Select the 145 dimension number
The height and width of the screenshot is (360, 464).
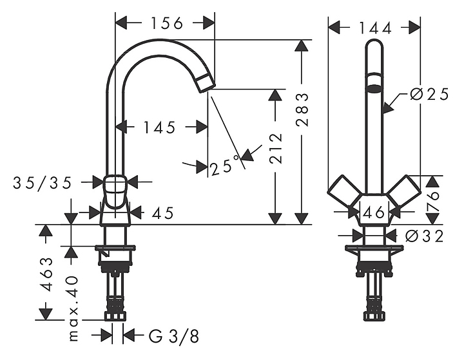point(159,128)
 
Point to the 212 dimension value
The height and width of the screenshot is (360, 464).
point(276,149)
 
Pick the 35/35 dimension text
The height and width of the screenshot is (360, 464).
point(43,183)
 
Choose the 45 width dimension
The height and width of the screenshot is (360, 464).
point(163,213)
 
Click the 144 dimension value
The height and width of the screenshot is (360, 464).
point(368,28)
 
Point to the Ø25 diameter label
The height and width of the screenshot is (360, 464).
point(429,94)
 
